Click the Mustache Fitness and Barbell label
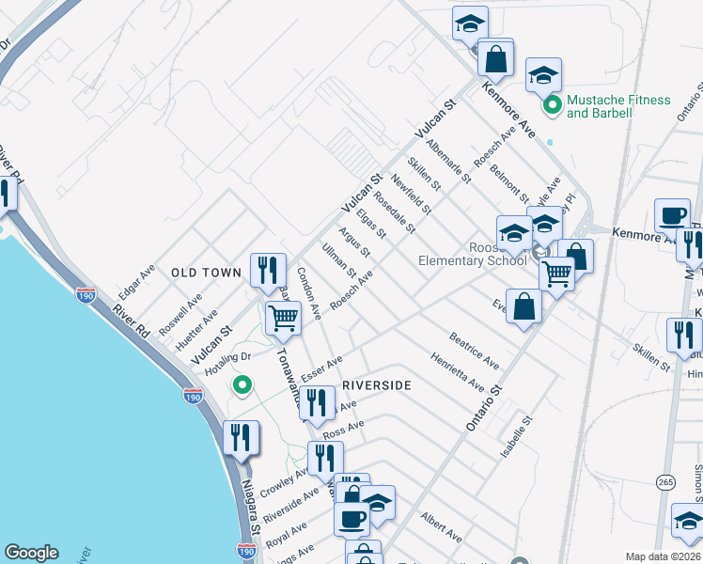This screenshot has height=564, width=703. pyautogui.click(x=618, y=106)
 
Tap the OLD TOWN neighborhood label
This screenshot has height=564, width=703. pyautogui.click(x=207, y=273)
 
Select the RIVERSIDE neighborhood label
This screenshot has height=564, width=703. pyautogui.click(x=377, y=385)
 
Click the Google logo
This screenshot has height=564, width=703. pyautogui.click(x=31, y=553)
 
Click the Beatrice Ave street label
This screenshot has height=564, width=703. pyautogui.click(x=474, y=349)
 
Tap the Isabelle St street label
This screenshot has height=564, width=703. pyautogui.click(x=517, y=437)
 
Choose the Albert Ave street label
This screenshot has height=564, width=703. pyautogui.click(x=442, y=527)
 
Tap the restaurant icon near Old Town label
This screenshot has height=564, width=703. pyautogui.click(x=268, y=271)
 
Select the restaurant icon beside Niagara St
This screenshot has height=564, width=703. pyautogui.click(x=242, y=438)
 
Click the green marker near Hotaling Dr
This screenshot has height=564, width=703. pyautogui.click(x=242, y=384)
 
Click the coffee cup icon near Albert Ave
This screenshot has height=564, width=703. pyautogui.click(x=353, y=517)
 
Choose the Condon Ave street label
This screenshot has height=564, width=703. pyautogui.click(x=309, y=291)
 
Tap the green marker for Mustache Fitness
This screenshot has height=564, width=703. pyautogui.click(x=554, y=104)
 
